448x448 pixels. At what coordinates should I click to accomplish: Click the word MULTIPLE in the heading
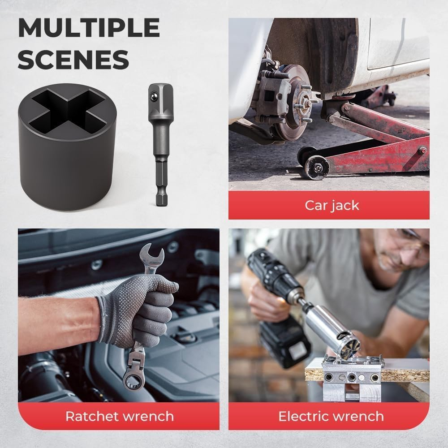click(x=89, y=29)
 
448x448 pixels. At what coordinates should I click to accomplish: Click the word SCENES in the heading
click(x=73, y=60)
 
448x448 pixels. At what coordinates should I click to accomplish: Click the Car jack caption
click(x=332, y=205)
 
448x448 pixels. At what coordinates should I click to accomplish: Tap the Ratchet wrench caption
click(x=119, y=416)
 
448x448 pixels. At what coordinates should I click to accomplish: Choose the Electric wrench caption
click(x=331, y=416)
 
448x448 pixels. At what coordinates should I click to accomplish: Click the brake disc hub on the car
click(x=305, y=98)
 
